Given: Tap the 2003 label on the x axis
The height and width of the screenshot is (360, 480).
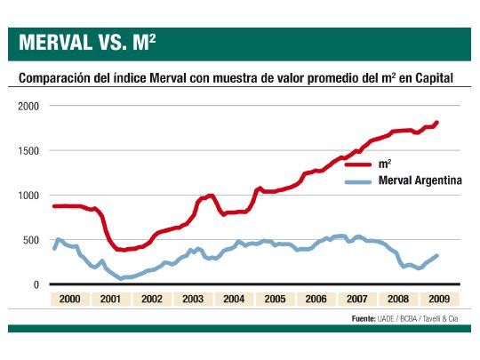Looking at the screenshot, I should (194, 300).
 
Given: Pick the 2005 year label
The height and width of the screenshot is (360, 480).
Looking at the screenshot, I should (275, 300).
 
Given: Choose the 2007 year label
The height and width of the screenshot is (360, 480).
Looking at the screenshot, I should (356, 300).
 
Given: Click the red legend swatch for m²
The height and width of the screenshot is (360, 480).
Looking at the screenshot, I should (357, 164).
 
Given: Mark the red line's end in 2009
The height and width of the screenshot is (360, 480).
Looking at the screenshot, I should (437, 123).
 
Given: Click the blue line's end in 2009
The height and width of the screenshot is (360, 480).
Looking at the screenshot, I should (437, 256).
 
